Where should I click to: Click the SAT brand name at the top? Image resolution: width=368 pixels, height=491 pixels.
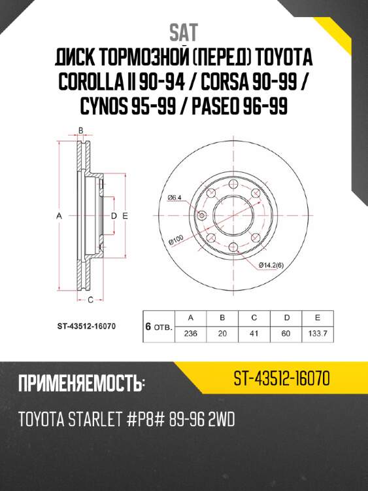click(184, 31)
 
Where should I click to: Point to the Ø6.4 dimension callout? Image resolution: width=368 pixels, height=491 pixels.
click(175, 197)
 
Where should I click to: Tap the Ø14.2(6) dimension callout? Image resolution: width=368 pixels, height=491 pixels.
click(271, 264)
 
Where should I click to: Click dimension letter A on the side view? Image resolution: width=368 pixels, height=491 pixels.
click(58, 215)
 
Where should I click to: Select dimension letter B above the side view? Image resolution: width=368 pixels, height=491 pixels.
click(80, 130)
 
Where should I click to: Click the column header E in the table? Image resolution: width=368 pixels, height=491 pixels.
click(317, 318)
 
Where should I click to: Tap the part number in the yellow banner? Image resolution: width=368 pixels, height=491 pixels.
click(280, 378)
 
